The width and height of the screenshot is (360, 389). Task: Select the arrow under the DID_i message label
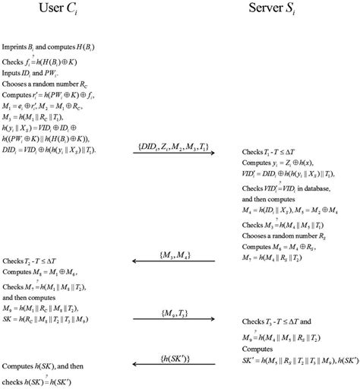pyautogui.click(x=174, y=154)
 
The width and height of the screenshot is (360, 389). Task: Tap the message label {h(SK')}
pyautogui.click(x=174, y=356)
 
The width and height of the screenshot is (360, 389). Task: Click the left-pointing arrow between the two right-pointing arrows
pyautogui.click(x=174, y=262)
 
